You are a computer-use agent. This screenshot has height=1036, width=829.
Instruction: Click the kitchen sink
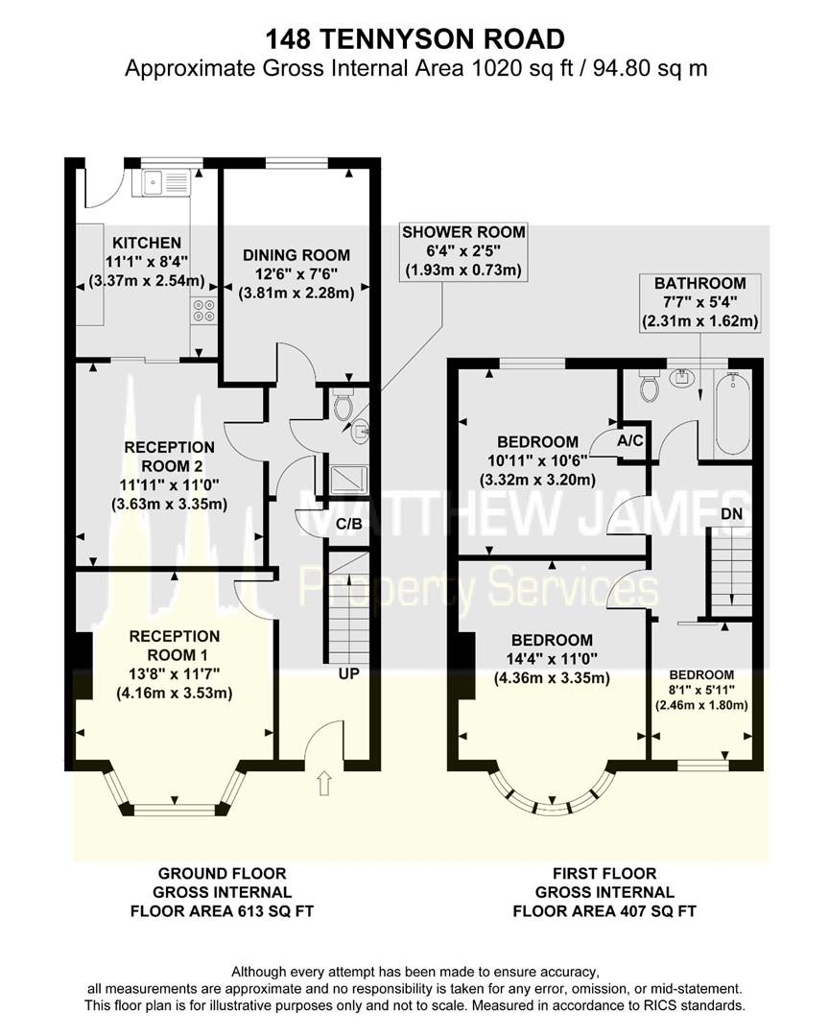point(161,181)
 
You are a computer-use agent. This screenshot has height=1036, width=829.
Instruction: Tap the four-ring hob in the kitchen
point(204,311)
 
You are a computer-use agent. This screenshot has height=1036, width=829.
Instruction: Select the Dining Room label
point(296,255)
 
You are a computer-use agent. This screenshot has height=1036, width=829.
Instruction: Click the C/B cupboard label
point(349,524)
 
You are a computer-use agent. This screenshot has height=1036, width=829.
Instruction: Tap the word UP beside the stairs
point(348,674)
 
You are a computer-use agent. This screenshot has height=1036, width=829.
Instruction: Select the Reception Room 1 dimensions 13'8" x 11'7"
point(175,674)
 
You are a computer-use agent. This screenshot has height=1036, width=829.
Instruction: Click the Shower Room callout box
point(463,251)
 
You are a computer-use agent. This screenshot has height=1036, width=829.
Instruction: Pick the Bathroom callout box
point(700,302)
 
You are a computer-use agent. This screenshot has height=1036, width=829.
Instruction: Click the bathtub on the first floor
point(732,413)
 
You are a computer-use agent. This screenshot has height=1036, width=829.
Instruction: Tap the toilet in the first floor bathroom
point(650,386)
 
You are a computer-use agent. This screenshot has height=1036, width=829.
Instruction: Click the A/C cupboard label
point(630,440)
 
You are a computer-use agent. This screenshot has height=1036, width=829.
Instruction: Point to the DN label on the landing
point(731,513)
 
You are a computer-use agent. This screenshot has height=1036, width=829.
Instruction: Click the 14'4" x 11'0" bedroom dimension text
point(552,659)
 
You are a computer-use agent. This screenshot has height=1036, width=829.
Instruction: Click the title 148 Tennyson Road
point(415,39)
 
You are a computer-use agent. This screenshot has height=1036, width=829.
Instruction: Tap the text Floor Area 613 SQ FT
point(223,911)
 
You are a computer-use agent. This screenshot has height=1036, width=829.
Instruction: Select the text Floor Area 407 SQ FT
point(604,911)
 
